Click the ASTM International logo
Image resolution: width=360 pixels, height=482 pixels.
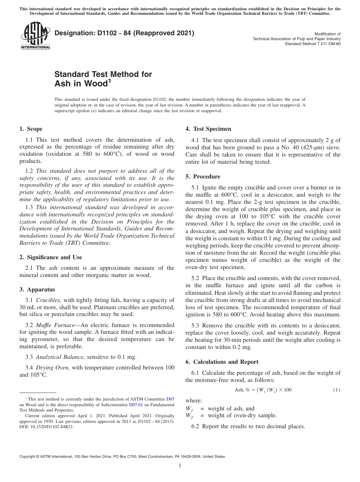(35, 36)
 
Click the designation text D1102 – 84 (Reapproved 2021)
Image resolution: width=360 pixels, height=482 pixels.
(124, 33)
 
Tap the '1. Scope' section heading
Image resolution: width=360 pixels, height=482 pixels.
(31, 129)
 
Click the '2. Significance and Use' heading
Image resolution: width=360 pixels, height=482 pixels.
(51, 257)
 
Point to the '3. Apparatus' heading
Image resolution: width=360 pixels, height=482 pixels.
(37, 290)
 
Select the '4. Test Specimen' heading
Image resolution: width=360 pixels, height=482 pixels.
(208, 129)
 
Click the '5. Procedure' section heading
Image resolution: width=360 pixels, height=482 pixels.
(203, 177)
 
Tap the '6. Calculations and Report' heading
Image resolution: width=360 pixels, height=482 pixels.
(222, 362)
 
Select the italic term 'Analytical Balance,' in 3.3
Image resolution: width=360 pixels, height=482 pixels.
(61, 357)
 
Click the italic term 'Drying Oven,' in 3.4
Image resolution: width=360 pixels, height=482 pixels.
(53, 368)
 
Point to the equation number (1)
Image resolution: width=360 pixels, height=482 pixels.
(337, 390)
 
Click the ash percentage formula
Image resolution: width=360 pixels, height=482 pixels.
(263, 390)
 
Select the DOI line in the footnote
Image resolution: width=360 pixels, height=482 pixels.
(47, 426)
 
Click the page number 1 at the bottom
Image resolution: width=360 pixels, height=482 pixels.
(180, 465)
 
